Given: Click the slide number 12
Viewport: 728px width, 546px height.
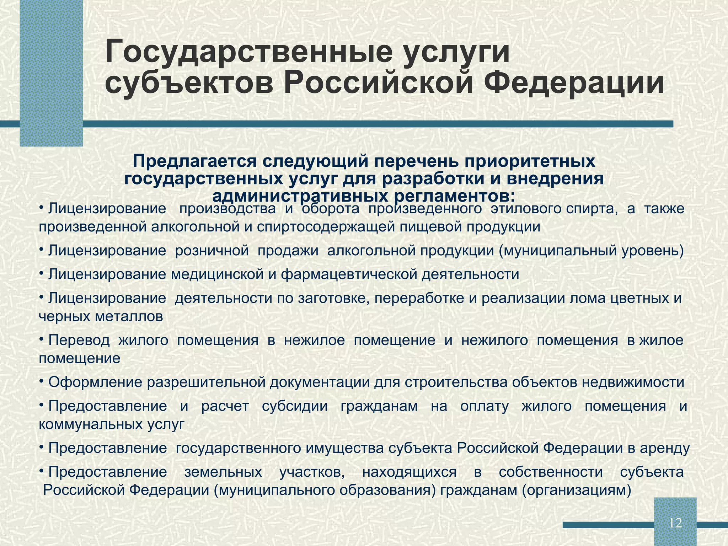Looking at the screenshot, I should click(675, 523).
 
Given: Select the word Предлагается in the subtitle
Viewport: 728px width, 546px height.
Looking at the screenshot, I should click(194, 161).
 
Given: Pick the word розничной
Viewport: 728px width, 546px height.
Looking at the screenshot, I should click(212, 251).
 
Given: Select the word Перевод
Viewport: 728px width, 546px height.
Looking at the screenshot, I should click(79, 340).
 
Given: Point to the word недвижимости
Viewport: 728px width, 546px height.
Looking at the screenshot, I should click(633, 382).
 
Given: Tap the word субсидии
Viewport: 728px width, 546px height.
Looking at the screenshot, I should click(295, 406).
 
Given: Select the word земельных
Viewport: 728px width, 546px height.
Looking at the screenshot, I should click(223, 472).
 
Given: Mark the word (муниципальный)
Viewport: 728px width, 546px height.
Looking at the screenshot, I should click(555, 251).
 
